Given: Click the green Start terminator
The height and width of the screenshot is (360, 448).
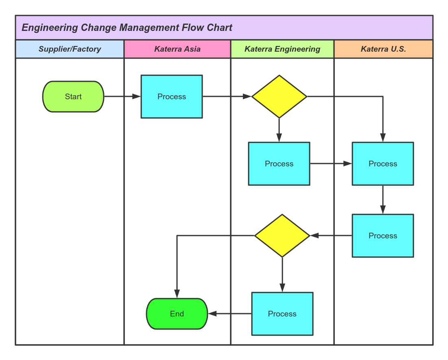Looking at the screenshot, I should click(x=73, y=96).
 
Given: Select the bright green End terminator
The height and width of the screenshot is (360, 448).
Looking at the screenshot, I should click(x=177, y=314).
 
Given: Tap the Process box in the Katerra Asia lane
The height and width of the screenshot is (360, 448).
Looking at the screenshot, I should click(x=172, y=96).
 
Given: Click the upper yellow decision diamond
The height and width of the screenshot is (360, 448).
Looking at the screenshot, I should click(x=279, y=96).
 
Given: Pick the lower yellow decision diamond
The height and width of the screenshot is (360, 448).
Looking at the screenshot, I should click(x=282, y=236).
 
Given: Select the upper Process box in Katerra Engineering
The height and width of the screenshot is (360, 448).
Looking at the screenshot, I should click(x=279, y=164).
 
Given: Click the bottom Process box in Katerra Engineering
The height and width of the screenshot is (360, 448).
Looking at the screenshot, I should click(x=282, y=314).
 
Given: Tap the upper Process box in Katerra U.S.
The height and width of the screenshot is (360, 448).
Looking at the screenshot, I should click(x=382, y=164).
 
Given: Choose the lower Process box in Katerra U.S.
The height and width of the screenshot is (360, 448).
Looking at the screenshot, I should click(x=382, y=236).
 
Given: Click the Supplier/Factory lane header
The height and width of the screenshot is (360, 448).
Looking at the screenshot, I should click(x=70, y=49).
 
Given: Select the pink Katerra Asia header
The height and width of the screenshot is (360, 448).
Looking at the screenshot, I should click(x=177, y=49).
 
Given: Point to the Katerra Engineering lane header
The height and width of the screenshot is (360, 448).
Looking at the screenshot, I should click(x=282, y=49).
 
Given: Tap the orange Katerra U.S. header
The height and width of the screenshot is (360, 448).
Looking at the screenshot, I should click(x=383, y=49).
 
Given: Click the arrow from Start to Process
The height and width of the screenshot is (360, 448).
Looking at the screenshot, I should click(x=122, y=96).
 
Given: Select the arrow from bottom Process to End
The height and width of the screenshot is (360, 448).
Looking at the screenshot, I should click(x=230, y=314).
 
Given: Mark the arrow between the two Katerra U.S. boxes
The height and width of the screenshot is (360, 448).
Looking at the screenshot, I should click(x=382, y=199).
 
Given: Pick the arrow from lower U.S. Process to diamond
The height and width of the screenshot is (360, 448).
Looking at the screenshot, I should click(x=331, y=236).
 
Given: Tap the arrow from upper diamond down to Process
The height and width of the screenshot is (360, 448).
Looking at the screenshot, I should click(x=279, y=130).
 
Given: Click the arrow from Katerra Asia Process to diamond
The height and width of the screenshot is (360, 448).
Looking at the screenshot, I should click(x=227, y=96).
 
